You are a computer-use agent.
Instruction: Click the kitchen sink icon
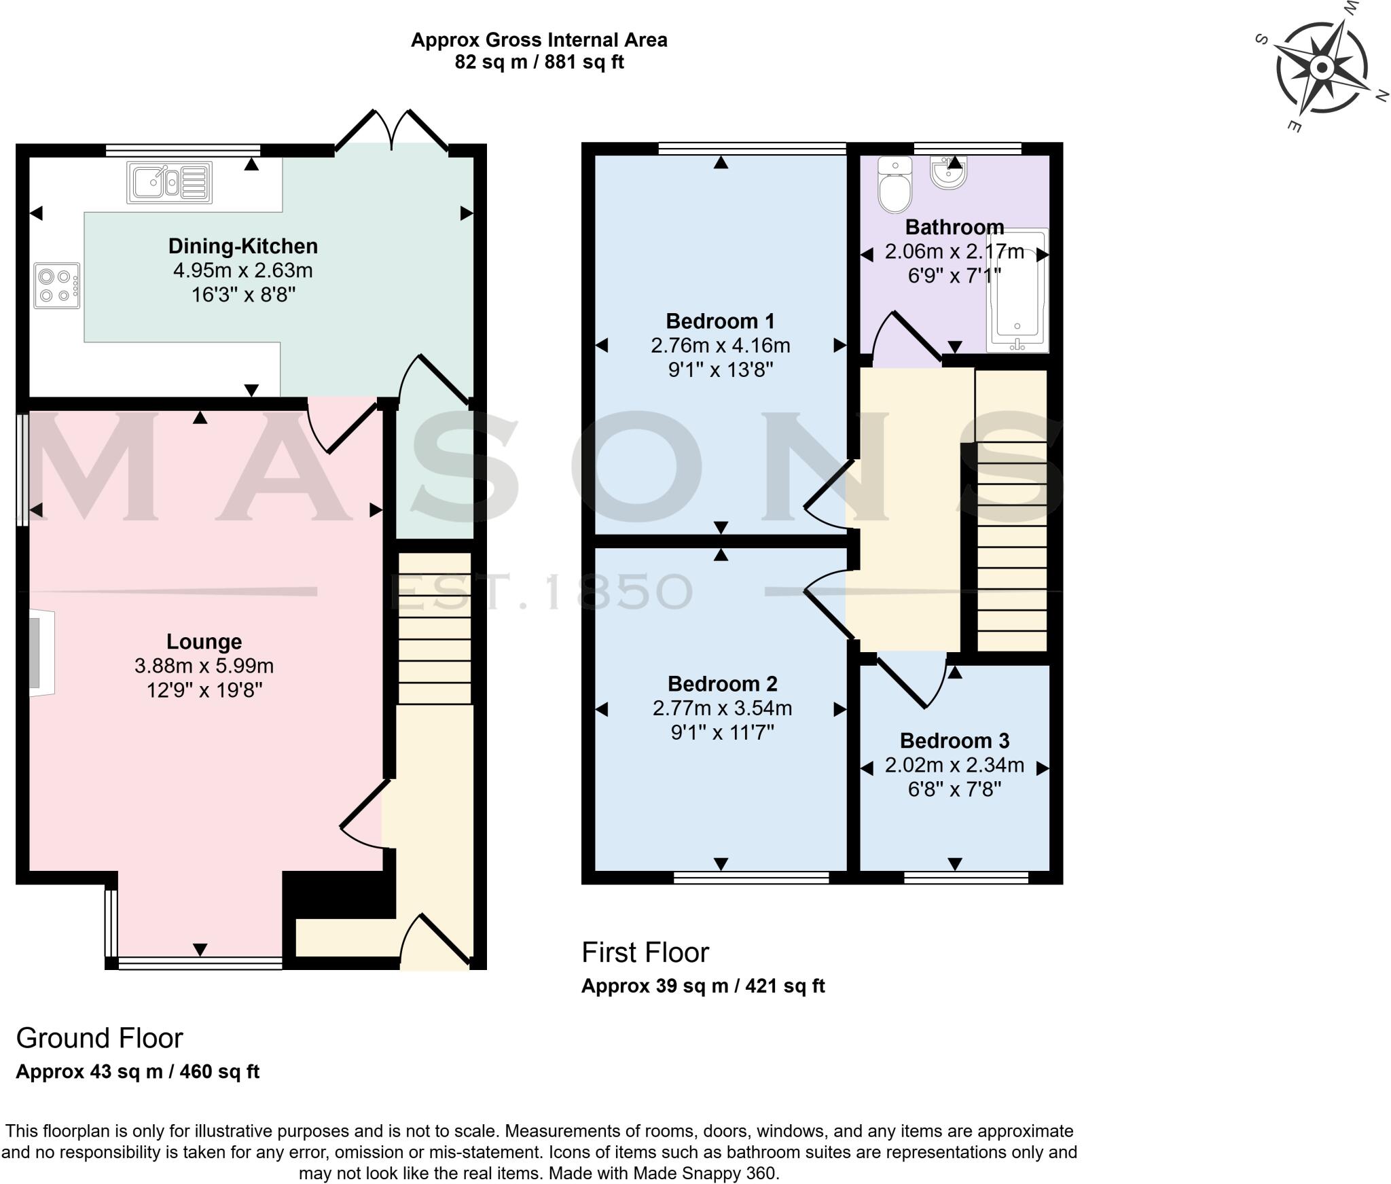point(170,182)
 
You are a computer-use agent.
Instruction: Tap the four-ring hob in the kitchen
point(56,286)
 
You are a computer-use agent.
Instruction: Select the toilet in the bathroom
point(895,185)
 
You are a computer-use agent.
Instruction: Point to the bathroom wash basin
point(949,173)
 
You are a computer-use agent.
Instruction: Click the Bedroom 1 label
point(720,321)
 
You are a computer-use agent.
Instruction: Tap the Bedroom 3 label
point(954,740)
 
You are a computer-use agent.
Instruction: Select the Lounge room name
point(204,641)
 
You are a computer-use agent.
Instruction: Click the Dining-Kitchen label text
point(242,246)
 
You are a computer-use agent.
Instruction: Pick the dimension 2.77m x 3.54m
point(722,708)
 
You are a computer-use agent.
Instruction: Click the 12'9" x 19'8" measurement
point(204,691)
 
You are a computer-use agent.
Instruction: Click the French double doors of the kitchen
point(392,130)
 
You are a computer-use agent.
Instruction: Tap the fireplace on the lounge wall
point(41,653)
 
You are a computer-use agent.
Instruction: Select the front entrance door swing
point(435,941)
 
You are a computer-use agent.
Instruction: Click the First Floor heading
point(645,953)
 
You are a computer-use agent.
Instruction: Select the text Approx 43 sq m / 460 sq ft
point(137,1072)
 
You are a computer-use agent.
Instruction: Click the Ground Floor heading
point(99,1039)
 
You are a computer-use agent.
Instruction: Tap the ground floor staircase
point(434,628)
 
